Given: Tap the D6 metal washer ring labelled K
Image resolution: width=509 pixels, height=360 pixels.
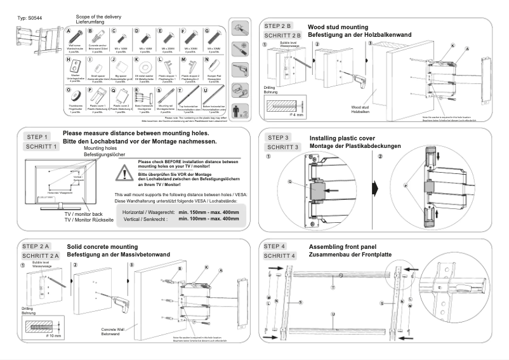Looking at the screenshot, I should [142, 65].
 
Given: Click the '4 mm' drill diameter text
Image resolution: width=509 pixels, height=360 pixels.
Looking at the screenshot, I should [298, 114].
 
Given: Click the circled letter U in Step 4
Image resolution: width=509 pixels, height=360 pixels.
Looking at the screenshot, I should [333, 314].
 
